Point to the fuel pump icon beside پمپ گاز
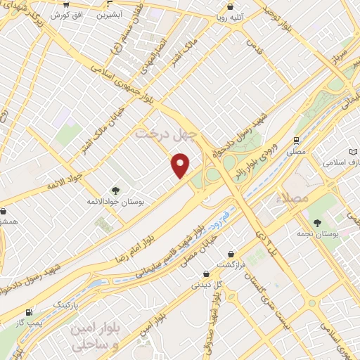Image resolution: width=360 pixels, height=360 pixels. click(28, 312)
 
